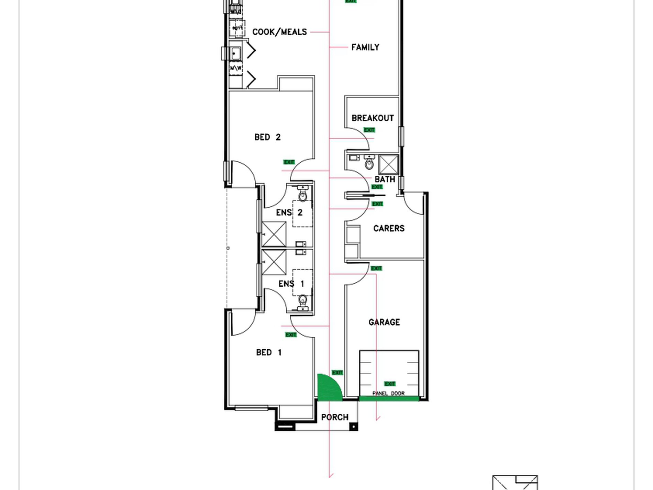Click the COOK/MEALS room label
point(279,32)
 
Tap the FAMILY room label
point(365,47)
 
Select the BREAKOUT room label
point(373,118)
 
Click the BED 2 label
point(267,137)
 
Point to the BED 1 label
point(269,352)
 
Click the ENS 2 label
point(289,213)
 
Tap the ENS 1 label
point(291,284)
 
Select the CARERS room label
point(389,228)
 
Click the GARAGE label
point(384,322)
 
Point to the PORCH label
point(335,417)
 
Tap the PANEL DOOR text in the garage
point(388,393)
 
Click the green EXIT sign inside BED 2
point(289,162)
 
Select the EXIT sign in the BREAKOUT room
point(369,130)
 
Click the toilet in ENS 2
point(302,195)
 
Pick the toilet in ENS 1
point(302,301)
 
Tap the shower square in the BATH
point(388,165)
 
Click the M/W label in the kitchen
point(236,68)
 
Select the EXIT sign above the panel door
point(390,384)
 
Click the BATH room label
point(385,179)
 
